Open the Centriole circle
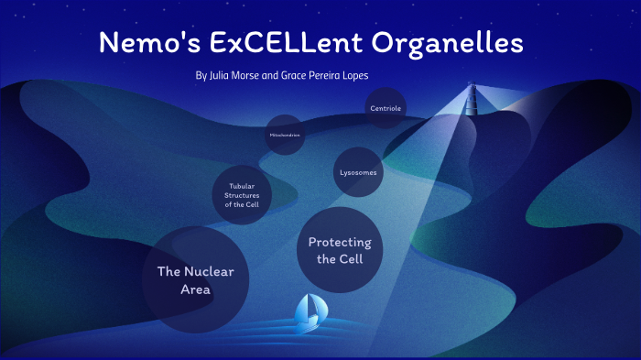coord(386,108)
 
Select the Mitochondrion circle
coord(285,135)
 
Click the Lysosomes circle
coord(358,172)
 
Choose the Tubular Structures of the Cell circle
coord(242,195)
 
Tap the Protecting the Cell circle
coord(340,250)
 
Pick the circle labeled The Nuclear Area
coord(195,280)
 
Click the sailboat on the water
coord(309,313)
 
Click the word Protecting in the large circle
coord(340,243)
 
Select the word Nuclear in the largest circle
coord(209,272)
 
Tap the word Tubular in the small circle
coord(242,186)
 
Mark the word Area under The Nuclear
coord(195,290)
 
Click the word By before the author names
coord(201,75)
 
